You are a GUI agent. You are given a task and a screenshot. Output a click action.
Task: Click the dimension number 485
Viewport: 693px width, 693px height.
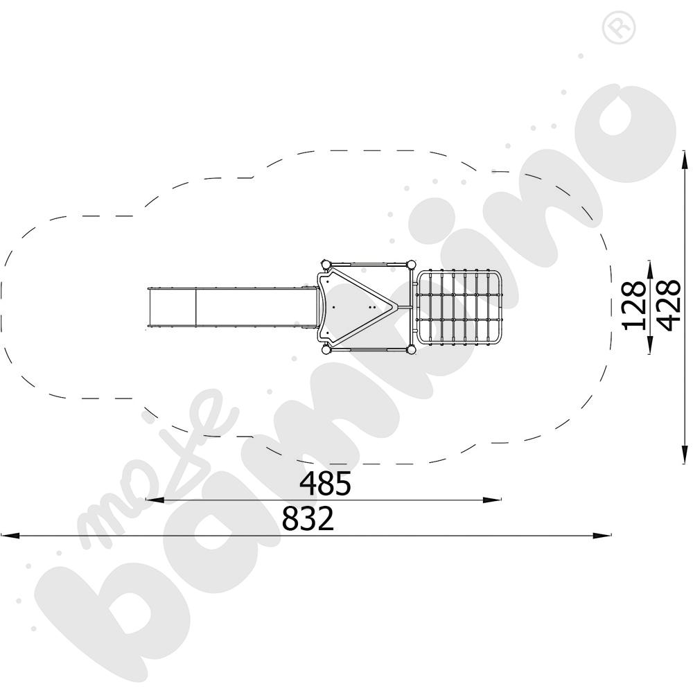[326, 484]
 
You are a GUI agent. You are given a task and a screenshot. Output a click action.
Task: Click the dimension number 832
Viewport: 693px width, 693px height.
[308, 519]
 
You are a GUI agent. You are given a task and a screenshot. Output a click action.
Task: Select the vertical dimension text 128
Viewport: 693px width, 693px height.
[635, 305]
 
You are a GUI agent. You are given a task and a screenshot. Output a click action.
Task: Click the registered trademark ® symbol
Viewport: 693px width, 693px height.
[613, 28]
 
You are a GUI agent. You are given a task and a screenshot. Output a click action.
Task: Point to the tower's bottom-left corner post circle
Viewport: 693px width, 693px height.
[325, 349]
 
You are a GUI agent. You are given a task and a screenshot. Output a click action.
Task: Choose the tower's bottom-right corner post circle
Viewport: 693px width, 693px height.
[410, 349]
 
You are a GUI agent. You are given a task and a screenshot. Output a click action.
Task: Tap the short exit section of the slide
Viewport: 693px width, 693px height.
[172, 306]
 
